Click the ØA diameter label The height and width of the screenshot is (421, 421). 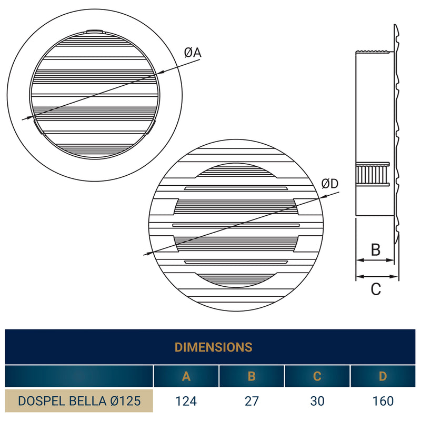click(x=193, y=53)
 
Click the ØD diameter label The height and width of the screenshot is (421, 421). click(x=330, y=184)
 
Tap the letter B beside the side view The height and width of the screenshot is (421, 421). click(x=375, y=249)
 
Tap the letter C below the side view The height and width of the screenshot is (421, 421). click(x=375, y=289)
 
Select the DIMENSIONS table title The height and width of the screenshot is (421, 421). click(x=213, y=347)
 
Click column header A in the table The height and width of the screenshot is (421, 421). click(x=186, y=376)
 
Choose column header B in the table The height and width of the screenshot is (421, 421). click(x=252, y=376)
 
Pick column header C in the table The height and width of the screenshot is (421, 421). click(x=317, y=376)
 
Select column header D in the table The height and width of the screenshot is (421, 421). click(x=383, y=376)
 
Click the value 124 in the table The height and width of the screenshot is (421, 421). click(x=186, y=401)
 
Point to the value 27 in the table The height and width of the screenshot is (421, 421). click(x=252, y=401)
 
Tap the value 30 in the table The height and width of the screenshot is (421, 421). click(x=317, y=401)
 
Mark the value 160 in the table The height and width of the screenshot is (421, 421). click(x=383, y=401)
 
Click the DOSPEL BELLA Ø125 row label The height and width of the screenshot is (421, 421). click(x=79, y=401)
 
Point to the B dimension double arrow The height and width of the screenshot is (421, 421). click(x=375, y=260)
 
